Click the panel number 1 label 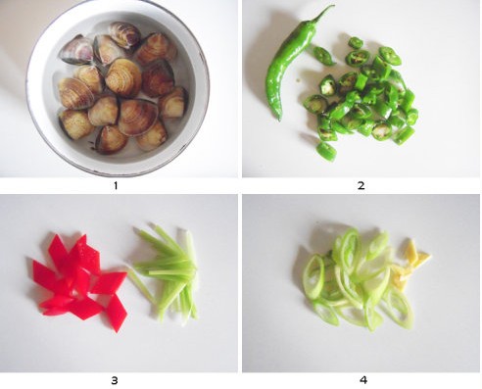(116, 186)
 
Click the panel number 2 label (361, 186)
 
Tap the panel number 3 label (115, 380)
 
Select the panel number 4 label (363, 380)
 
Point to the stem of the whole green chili (323, 13)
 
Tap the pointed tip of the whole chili (278, 120)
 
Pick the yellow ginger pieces (409, 265)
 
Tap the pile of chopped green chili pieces (360, 98)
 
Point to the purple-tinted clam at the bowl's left (76, 51)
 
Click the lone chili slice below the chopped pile (326, 152)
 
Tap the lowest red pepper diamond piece (117, 313)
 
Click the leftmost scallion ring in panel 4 (313, 276)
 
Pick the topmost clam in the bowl (124, 34)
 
